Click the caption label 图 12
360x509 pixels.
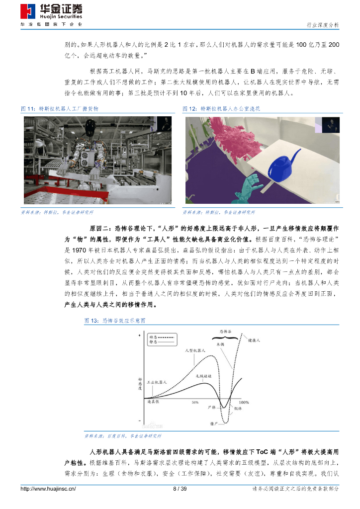tap(190, 108)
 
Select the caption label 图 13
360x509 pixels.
tap(92, 321)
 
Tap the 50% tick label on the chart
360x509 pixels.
tap(195, 402)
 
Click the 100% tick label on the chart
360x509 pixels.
tap(244, 402)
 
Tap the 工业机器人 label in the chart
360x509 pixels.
tap(156, 382)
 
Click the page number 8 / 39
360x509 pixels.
tap(180, 489)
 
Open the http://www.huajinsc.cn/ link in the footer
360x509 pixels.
tap(48, 489)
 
